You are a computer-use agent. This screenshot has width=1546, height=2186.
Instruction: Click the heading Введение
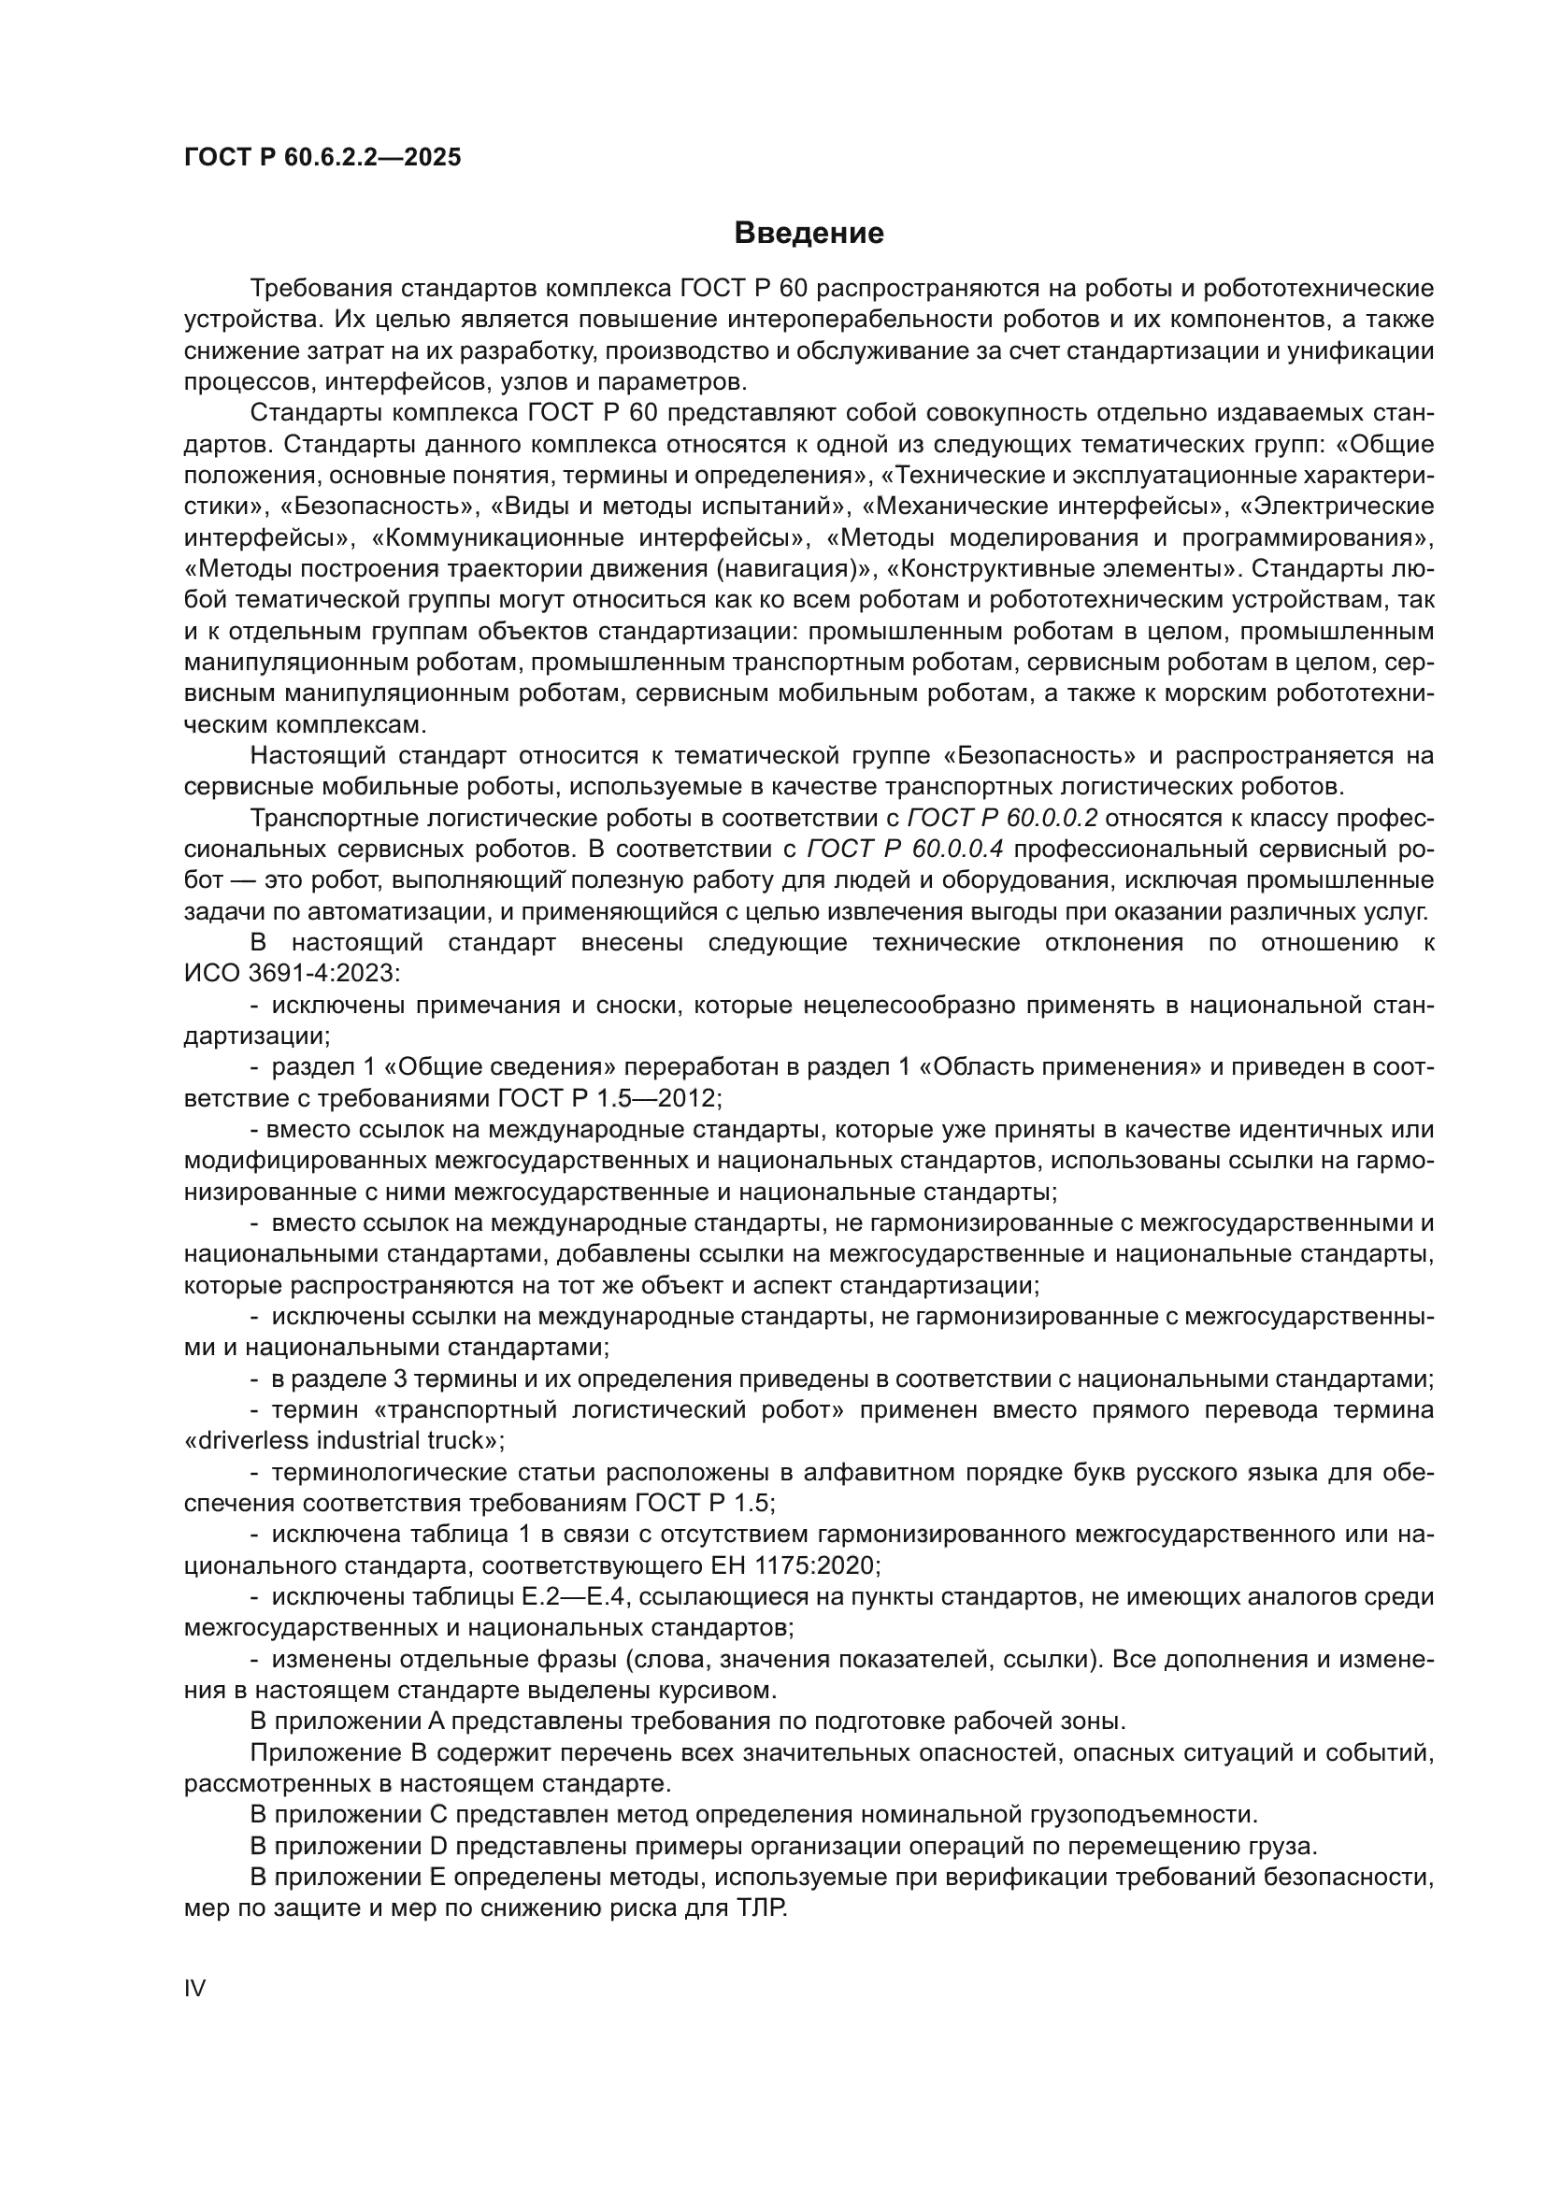809,234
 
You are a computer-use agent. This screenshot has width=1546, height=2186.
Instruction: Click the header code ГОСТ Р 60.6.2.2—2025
322,157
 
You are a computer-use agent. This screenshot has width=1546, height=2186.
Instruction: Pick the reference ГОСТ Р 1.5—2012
609,1098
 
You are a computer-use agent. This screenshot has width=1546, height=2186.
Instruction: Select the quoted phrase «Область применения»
1061,1066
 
